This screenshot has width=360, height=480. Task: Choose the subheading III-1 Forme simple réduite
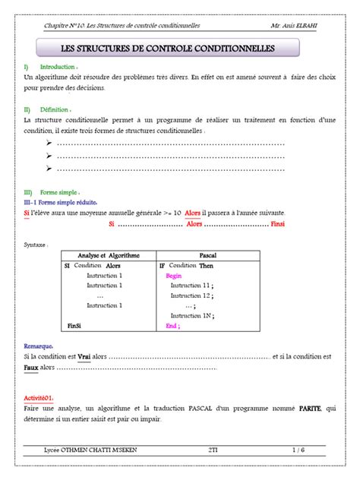point(64,203)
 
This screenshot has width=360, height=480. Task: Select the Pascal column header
point(207,256)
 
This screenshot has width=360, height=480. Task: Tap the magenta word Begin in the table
point(174,276)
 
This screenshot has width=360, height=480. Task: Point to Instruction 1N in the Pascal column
point(191,315)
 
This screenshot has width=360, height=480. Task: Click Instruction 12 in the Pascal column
point(191,295)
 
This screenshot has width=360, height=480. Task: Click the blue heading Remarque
point(39,345)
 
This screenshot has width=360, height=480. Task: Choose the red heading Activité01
point(43,397)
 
